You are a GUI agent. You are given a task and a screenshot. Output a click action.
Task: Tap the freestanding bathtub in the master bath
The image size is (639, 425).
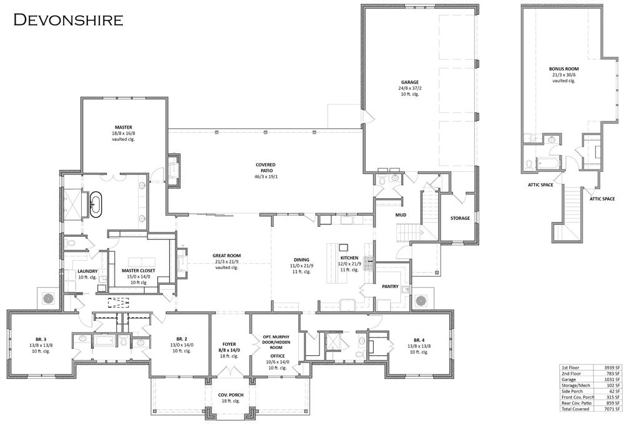pyautogui.click(x=95, y=204)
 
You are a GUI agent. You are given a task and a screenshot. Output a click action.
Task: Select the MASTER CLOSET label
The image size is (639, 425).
pyautogui.click(x=139, y=270)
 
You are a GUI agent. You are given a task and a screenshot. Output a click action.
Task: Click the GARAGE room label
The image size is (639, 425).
pyautogui.click(x=409, y=82)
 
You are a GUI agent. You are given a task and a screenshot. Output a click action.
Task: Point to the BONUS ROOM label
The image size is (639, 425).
pyautogui.click(x=563, y=69)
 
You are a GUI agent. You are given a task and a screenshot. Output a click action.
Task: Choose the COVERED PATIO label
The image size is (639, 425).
pyautogui.click(x=265, y=165)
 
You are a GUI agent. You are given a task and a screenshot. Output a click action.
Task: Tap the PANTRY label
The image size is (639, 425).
pyautogui.click(x=390, y=287)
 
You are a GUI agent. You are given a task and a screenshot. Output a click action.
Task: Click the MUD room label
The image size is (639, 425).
pyautogui.click(x=401, y=216)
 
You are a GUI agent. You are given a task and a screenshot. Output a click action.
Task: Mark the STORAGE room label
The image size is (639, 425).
pyautogui.click(x=460, y=218)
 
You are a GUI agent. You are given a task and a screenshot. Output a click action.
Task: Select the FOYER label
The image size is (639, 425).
pyautogui.click(x=230, y=344)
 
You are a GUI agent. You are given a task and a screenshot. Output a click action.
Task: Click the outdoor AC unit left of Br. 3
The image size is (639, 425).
pyautogui.click(x=47, y=298)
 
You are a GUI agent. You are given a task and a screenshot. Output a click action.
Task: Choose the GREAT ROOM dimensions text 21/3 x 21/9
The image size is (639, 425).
pyautogui.click(x=226, y=261)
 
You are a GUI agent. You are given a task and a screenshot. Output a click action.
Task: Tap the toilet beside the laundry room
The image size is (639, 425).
pyautogui.click(x=70, y=242)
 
